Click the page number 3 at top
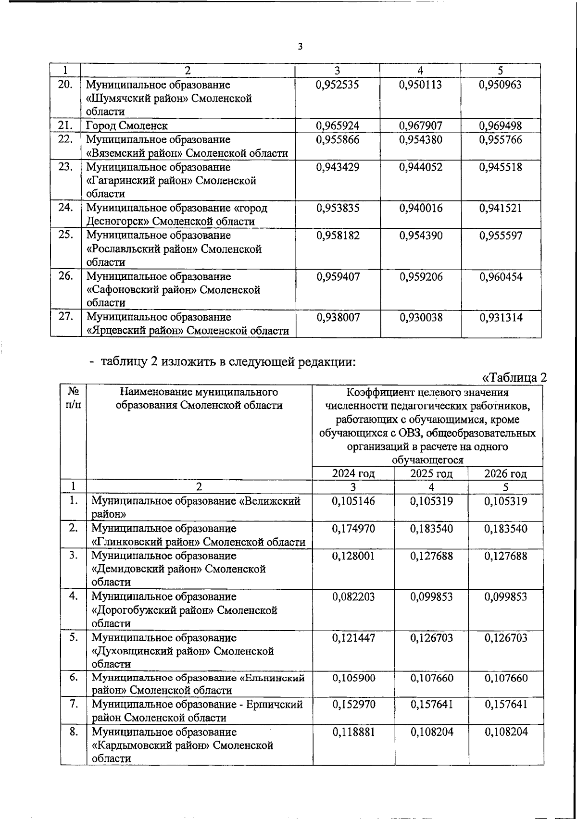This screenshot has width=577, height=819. coord(300,46)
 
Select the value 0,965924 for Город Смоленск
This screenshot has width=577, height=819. coord(338,126)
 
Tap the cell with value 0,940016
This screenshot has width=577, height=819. coord(421,208)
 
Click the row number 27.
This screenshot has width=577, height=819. coord(65,316)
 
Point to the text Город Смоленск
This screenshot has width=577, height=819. coord(127,126)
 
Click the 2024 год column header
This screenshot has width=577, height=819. coord(353,473)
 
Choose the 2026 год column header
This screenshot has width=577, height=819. coord(505,473)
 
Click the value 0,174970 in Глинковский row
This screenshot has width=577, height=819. coord(353,529)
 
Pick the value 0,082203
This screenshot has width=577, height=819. coord(353,597)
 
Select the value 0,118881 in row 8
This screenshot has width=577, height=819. coord(353,732)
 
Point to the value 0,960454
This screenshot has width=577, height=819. coord(501,277)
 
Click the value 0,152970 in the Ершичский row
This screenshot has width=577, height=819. coord(353,705)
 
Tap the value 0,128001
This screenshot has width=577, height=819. coord(353,556)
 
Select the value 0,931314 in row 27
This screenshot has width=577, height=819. coord(501,318)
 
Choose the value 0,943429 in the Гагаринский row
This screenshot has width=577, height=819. coord(338,167)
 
